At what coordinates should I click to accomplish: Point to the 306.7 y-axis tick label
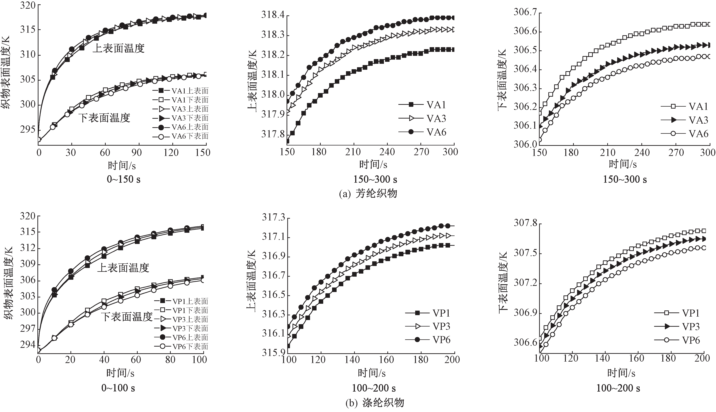[x=525, y=13]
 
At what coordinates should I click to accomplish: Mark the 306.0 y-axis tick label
[x=525, y=144]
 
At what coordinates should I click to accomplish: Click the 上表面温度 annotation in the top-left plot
[x=119, y=48]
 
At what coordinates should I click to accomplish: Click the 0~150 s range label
[x=124, y=179]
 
